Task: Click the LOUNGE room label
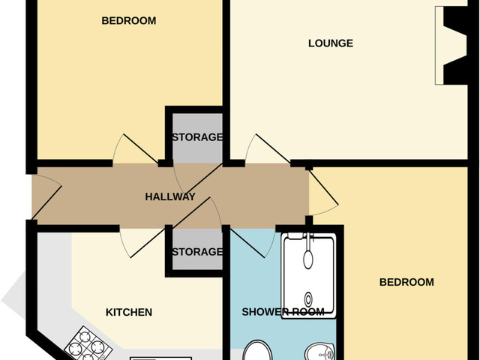330,43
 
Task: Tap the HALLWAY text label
169,197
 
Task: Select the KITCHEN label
128,312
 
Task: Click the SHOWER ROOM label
283,312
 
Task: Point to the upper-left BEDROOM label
128,21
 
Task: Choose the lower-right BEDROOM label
406,282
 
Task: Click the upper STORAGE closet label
196,137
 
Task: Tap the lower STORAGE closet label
196,251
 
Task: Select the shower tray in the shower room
307,275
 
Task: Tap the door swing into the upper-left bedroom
129,149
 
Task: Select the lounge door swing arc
265,148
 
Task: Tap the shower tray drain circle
307,295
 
